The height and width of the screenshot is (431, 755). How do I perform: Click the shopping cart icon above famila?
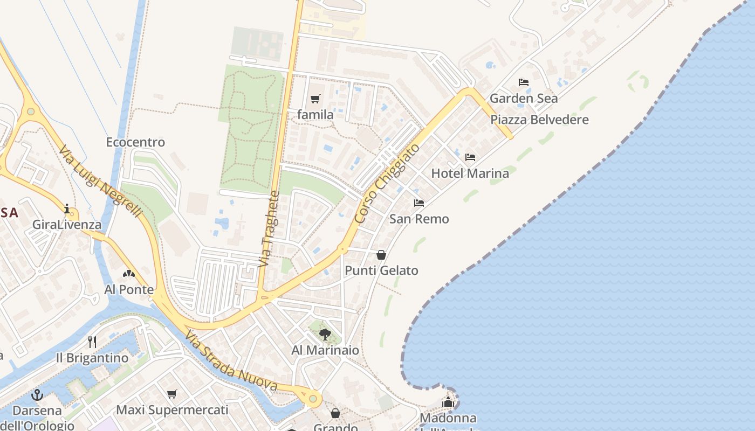pos(315,99)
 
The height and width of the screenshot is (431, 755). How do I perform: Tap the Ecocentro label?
pos(135,142)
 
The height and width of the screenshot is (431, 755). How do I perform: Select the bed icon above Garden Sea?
pos(523,82)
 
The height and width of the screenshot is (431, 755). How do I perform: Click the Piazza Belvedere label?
pos(539,120)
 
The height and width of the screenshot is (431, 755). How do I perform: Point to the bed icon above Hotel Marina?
pos(470,157)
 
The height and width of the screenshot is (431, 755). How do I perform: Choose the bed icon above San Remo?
pos(419,203)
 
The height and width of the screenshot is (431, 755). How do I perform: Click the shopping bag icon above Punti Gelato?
pos(381,255)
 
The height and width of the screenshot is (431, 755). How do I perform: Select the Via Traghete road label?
pos(269,229)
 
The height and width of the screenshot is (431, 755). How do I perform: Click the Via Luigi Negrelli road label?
pos(100,181)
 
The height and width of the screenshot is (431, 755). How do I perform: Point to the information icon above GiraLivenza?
pos(67,208)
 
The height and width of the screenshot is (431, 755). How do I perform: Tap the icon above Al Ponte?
pos(128,274)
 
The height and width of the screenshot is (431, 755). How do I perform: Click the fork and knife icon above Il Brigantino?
pos(92,342)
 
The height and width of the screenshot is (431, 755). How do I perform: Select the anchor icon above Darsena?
pos(37,395)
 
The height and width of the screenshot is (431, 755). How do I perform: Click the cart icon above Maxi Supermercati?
pos(172,394)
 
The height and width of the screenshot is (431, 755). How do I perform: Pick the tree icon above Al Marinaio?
pos(325,335)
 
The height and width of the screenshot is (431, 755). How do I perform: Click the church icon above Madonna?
pos(448,402)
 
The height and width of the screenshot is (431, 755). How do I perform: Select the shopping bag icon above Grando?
pos(335,413)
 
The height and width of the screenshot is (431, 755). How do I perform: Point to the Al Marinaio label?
pos(325,350)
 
